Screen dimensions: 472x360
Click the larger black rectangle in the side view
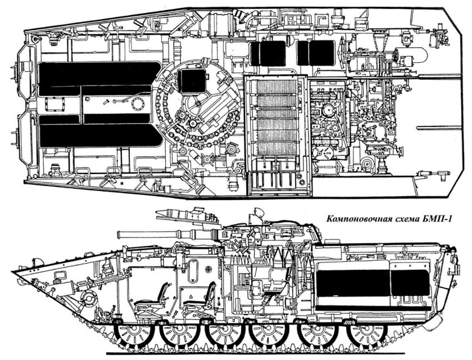353,283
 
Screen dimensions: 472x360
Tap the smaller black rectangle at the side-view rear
410,283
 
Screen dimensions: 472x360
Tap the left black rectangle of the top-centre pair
268,53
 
